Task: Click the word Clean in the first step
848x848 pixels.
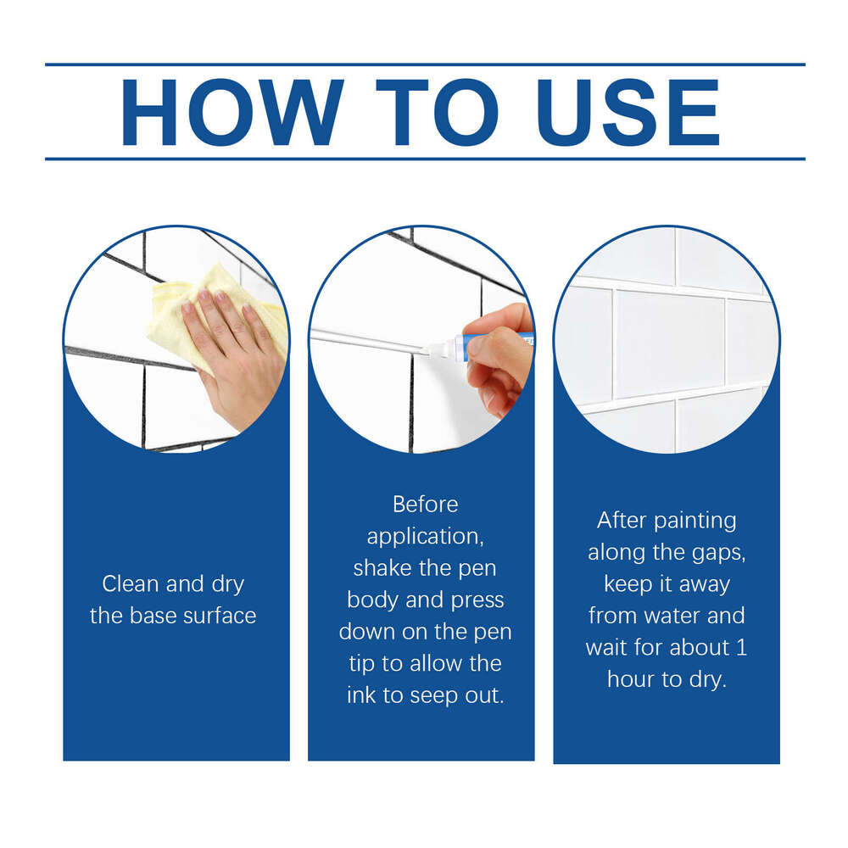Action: [131, 584]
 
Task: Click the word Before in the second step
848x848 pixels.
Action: [425, 505]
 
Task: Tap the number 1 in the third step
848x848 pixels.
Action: [741, 648]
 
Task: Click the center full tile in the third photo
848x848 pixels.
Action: [670, 343]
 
